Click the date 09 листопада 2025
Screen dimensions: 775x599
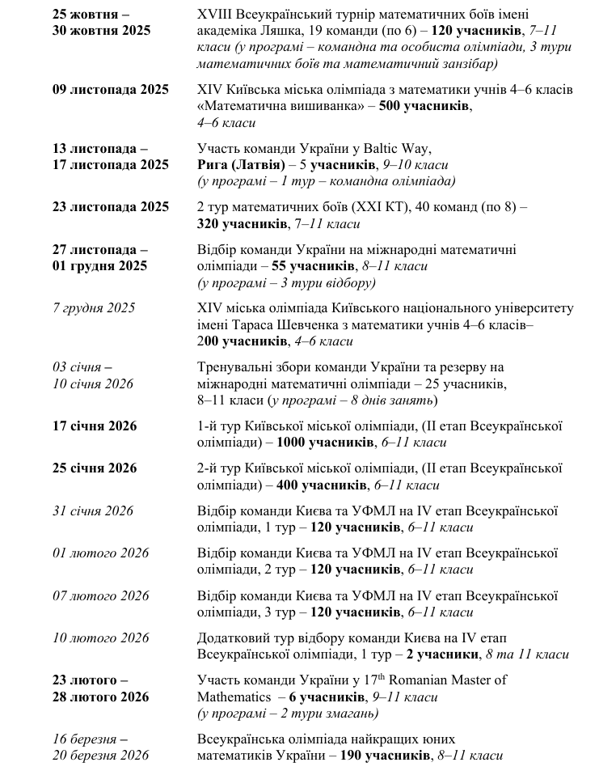[110, 89]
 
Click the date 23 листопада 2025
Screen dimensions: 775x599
[110, 206]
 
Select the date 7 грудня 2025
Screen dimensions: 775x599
[94, 308]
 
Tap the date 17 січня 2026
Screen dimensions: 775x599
[95, 426]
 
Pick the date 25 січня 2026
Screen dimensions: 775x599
[95, 468]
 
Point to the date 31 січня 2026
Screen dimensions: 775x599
[93, 510]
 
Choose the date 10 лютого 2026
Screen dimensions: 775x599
[100, 637]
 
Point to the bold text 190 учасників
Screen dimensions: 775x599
[380, 756]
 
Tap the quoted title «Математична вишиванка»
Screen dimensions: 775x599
[276, 106]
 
